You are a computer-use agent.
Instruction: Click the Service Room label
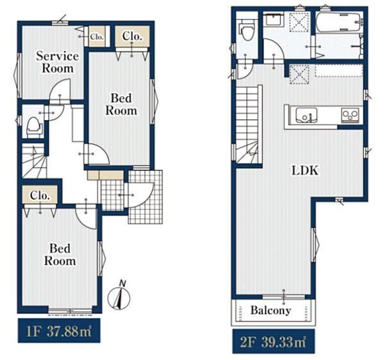pos(58,62)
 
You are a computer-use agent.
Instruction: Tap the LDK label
pos(305,171)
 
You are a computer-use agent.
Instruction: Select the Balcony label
pos(271,311)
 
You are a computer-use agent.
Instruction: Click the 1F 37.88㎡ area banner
pos(59,330)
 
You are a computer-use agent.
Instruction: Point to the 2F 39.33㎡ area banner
pos(273,341)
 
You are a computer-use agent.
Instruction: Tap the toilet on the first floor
pos(34,127)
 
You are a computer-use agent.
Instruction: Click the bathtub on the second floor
pos(339,22)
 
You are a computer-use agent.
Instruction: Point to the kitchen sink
pos(306,115)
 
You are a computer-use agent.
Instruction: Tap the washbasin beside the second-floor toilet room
pos(273,19)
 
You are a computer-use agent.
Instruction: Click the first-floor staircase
pos(35,160)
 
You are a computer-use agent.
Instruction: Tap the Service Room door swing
pos(60,92)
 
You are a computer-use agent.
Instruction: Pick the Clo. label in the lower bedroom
pos(40,196)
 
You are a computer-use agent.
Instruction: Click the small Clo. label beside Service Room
pos(97,37)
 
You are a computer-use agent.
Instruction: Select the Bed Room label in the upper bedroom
pos(121,104)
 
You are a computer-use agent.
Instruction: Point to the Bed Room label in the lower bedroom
pos(60,254)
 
